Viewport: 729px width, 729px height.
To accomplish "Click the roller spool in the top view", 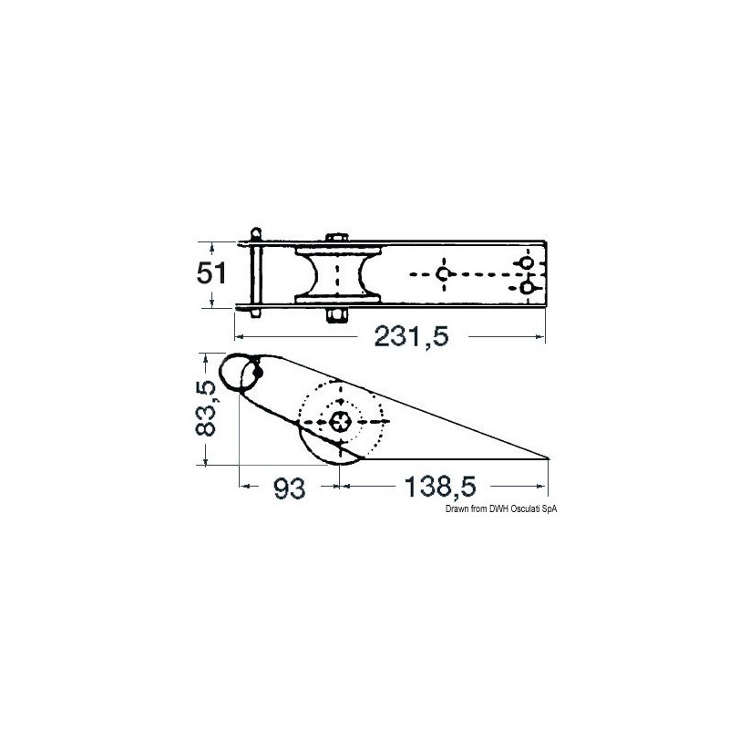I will tap(335, 273).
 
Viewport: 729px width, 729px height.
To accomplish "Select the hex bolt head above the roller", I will tap(335, 239).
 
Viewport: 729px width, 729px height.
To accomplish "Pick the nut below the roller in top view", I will tap(335, 315).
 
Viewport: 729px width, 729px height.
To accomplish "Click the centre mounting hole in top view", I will tap(443, 274).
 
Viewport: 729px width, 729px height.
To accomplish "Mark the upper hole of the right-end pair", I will tap(526, 263).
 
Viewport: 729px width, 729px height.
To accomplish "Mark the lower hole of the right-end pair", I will tap(526, 288).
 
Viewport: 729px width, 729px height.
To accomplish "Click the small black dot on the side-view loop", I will tap(259, 372).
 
